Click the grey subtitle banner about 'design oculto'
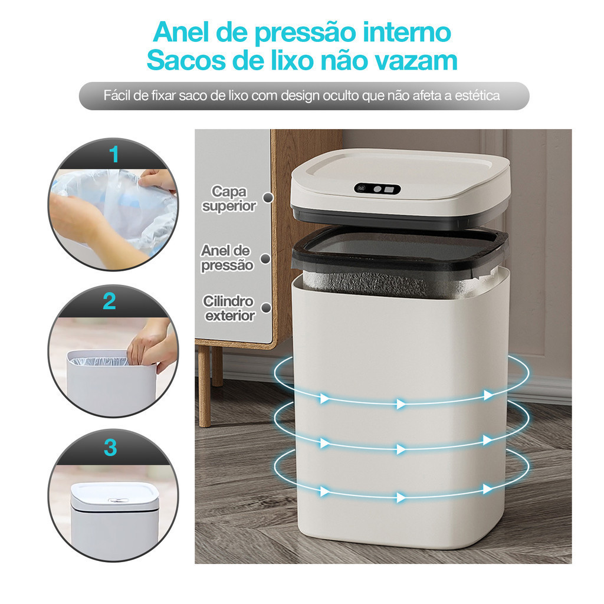click(x=304, y=96)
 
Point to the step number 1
click(x=114, y=155)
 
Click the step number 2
click(x=109, y=301)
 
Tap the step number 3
click(x=110, y=448)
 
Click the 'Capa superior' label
click(x=229, y=199)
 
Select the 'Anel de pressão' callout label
click(x=226, y=258)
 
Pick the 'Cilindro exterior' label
click(x=229, y=308)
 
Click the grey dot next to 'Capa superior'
click(x=268, y=198)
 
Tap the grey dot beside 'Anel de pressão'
click(x=265, y=259)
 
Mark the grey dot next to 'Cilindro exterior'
click(x=266, y=308)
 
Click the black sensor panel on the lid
click(x=377, y=189)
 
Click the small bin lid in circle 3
click(x=115, y=495)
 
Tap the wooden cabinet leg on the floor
click(x=205, y=386)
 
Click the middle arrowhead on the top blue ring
click(x=401, y=404)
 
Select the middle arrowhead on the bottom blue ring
click(x=401, y=498)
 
